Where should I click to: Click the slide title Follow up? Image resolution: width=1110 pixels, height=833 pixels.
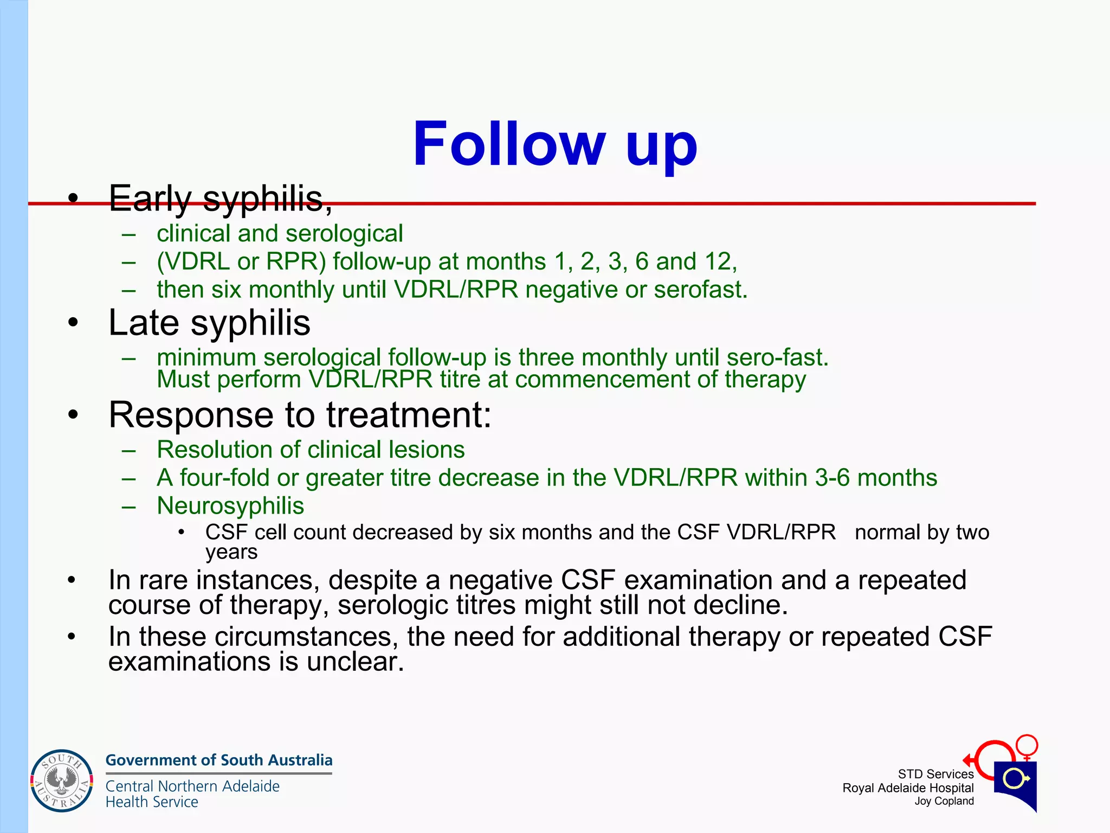pos(555,144)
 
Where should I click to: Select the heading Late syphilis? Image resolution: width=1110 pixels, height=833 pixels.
pos(209,323)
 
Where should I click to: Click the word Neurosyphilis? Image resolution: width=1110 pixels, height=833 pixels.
pos(230,506)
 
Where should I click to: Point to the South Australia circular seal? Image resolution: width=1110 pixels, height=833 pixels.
pos(61,781)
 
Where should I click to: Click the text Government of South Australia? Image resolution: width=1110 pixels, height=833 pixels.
pos(219,760)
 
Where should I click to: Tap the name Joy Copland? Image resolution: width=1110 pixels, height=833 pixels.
pos(944,802)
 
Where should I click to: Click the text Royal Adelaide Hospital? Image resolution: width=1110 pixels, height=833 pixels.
pos(908,788)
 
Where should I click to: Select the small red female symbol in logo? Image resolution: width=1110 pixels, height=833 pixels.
pos(1027,746)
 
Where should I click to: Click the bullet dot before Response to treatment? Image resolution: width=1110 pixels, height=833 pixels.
pos(73,416)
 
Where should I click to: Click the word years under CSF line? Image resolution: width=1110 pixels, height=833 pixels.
pos(231,553)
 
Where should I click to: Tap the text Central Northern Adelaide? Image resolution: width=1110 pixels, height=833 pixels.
pos(192,786)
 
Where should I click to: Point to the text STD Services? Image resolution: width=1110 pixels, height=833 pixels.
pos(935,774)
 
